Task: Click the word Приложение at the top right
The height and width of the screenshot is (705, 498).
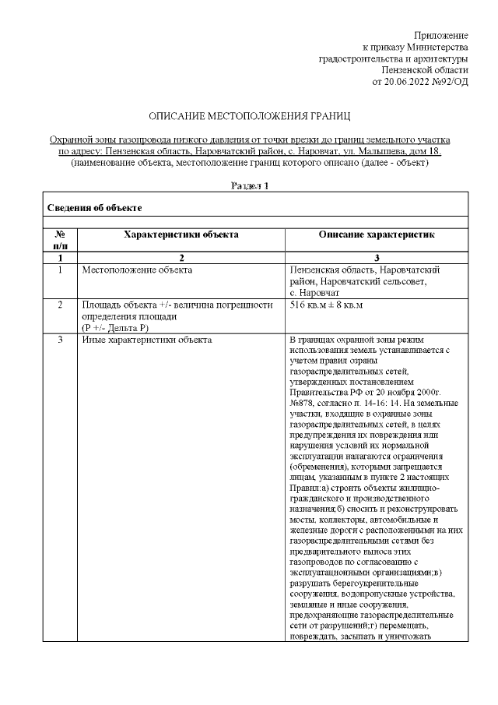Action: (440, 36)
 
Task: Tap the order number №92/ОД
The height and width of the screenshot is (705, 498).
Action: (451, 80)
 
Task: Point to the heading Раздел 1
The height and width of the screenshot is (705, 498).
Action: (250, 185)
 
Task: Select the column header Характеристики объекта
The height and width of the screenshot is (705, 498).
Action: (180, 234)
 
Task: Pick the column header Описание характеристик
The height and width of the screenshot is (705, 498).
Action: (377, 234)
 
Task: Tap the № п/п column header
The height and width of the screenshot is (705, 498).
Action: (60, 239)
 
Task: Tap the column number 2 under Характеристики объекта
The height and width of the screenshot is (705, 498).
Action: (180, 257)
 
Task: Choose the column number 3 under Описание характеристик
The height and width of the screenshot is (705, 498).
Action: (377, 257)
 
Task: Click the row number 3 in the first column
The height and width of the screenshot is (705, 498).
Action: (60, 340)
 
